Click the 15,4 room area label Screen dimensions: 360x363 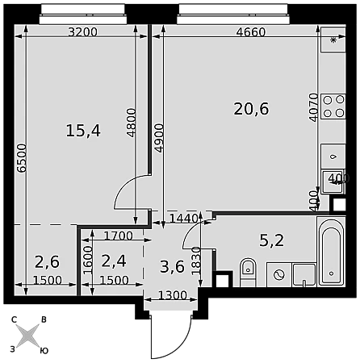click(x=83, y=131)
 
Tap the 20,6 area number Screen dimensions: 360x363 click(x=251, y=109)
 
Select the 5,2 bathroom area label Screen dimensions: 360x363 click(x=271, y=240)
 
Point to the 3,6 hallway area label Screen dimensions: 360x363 click(x=172, y=267)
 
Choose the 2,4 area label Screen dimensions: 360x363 click(x=114, y=261)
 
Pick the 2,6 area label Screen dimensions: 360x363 click(x=47, y=262)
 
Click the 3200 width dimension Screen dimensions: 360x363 click(x=82, y=32)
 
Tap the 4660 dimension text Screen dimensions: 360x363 click(x=251, y=32)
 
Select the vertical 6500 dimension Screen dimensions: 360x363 click(x=22, y=158)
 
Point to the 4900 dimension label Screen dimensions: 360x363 click(x=159, y=138)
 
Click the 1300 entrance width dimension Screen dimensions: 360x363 click(x=172, y=295)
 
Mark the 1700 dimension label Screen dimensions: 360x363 click(x=118, y=236)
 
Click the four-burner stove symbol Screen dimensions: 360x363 click(x=333, y=106)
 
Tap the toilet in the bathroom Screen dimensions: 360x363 click(x=248, y=272)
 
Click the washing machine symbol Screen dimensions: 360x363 click(x=279, y=275)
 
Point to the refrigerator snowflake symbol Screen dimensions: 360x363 click(x=333, y=40)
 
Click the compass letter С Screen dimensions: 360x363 click(x=14, y=319)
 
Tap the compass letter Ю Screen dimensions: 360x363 click(x=44, y=351)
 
